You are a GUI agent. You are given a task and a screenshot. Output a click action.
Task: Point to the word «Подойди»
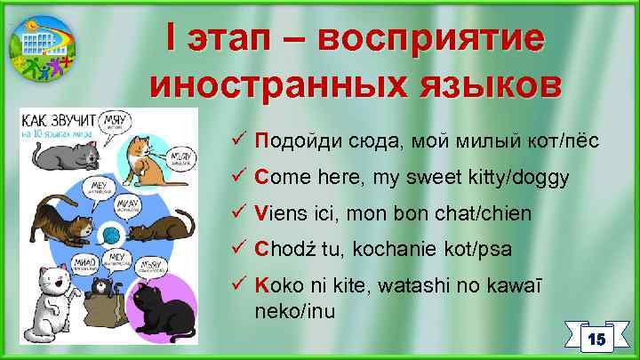[290, 140]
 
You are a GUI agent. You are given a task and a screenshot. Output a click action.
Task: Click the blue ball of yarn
[110, 234]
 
